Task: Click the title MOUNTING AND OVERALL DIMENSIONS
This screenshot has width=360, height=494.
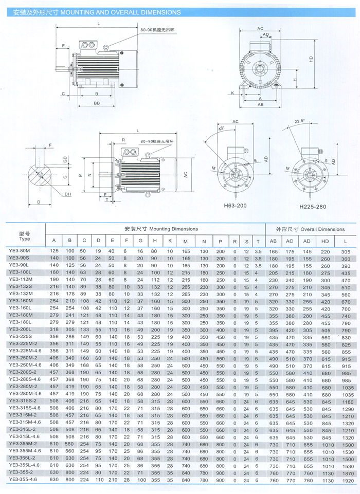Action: pyautogui.click(x=120, y=12)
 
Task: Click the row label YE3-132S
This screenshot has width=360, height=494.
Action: pyautogui.click(x=21, y=286)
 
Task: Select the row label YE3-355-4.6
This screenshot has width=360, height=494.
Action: pyautogui.click(x=23, y=479)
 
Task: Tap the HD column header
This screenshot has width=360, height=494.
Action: pyautogui.click(x=325, y=241)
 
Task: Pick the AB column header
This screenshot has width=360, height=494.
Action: pyautogui.click(x=273, y=241)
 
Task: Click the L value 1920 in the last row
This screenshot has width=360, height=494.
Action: pyautogui.click(x=348, y=481)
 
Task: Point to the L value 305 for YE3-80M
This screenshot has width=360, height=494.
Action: pyautogui.click(x=346, y=252)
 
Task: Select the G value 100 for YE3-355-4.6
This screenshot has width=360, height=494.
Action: pyautogui.click(x=141, y=480)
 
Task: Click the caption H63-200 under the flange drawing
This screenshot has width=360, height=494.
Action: pyautogui.click(x=235, y=206)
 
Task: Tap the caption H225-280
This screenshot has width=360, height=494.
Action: pyautogui.click(x=313, y=207)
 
